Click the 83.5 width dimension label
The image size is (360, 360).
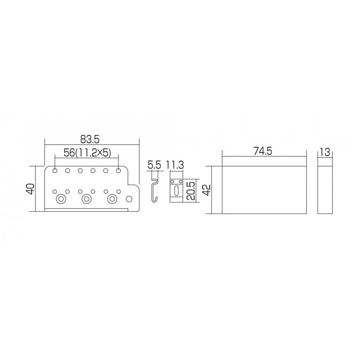[90, 139]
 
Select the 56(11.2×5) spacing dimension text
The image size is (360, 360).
[87, 153]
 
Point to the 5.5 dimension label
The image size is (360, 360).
[154, 165]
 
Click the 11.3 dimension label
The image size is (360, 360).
[175, 165]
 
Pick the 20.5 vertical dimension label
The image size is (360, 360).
[190, 191]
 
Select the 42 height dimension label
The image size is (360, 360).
[207, 190]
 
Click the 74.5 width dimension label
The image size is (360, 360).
[263, 151]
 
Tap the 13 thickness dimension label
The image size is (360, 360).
[324, 152]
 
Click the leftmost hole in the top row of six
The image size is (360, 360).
[55, 171]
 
